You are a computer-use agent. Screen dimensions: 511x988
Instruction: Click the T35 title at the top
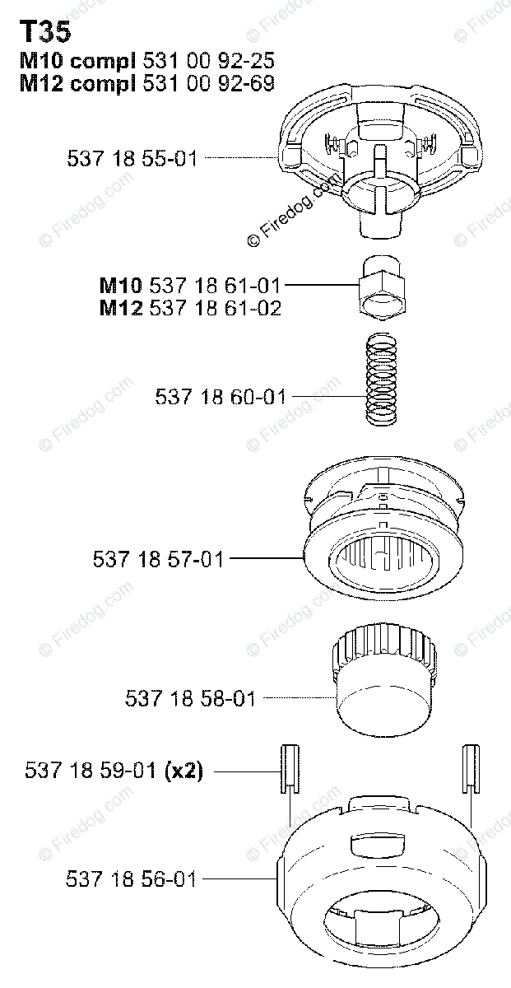pyautogui.click(x=45, y=33)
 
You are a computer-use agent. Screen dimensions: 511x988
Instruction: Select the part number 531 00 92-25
pyautogui.click(x=208, y=60)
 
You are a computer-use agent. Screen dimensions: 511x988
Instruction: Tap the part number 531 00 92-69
pyautogui.click(x=208, y=83)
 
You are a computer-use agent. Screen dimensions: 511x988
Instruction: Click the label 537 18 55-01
pyautogui.click(x=132, y=158)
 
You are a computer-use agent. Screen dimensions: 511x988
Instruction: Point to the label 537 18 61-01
pyautogui.click(x=215, y=286)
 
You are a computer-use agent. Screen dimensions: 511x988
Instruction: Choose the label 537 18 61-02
pyautogui.click(x=215, y=308)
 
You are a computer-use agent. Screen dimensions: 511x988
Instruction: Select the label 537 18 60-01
pyautogui.click(x=221, y=397)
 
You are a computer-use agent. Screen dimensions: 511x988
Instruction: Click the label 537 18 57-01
pyautogui.click(x=158, y=559)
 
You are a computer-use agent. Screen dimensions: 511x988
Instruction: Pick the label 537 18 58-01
pyautogui.click(x=190, y=699)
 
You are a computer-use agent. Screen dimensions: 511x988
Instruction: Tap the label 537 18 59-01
pyautogui.click(x=91, y=771)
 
